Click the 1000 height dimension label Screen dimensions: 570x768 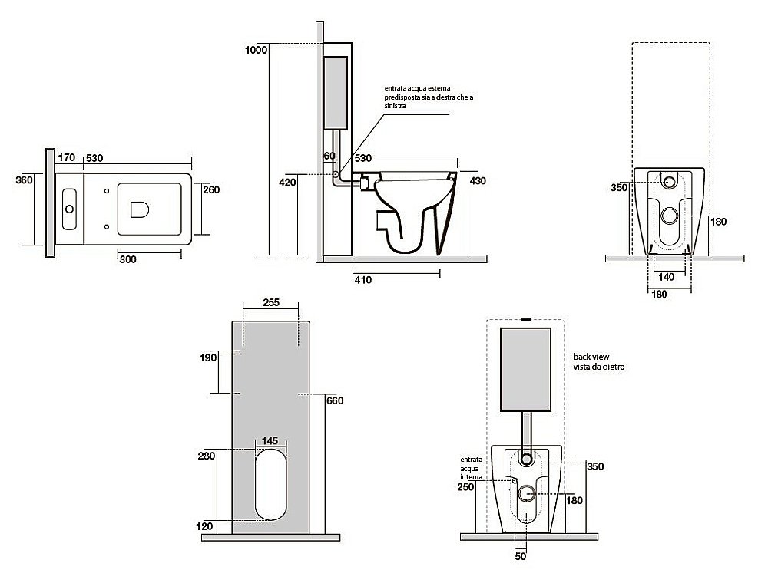coord(256,50)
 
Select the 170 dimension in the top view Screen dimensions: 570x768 coord(67,158)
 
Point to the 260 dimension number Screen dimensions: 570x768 coord(213,189)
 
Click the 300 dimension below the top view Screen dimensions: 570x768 coord(127,259)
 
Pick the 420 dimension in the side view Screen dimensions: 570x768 coord(287,183)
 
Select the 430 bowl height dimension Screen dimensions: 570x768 coord(477,180)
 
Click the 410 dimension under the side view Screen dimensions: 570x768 coord(363,280)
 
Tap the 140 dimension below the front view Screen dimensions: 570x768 coord(668,277)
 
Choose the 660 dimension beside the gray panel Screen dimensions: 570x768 coord(334,400)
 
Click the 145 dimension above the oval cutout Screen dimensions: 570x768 coord(270,441)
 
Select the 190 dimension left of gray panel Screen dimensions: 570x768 coord(208,357)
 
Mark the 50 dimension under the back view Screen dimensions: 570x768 coord(521,556)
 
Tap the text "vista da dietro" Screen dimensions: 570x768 coord(598,368)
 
